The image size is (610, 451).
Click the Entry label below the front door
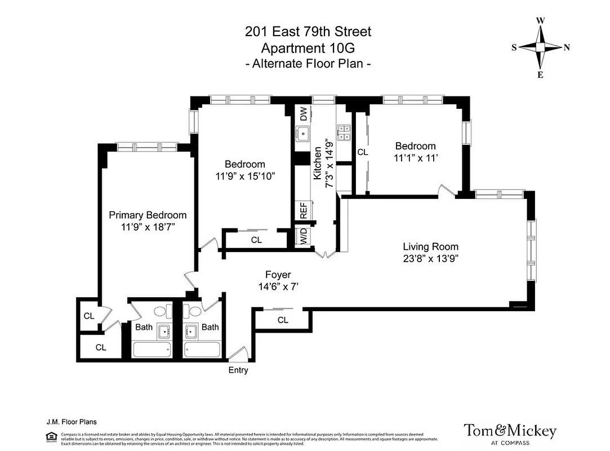[238, 370]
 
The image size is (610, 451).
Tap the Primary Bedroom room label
[148, 215]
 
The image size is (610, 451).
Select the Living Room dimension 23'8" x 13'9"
[430, 259]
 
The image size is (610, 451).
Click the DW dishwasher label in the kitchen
[304, 115]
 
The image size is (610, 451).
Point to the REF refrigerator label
[304, 211]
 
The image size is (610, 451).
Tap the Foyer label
[278, 275]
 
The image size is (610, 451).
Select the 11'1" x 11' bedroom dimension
[416, 159]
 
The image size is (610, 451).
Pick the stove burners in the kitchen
[344, 133]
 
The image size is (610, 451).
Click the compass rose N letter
[567, 48]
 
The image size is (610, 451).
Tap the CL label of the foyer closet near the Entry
[283, 320]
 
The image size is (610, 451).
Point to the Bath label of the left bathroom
[144, 327]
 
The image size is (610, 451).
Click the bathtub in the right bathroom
[203, 350]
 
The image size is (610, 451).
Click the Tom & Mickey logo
[510, 433]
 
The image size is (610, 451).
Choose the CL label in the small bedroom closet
[362, 152]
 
